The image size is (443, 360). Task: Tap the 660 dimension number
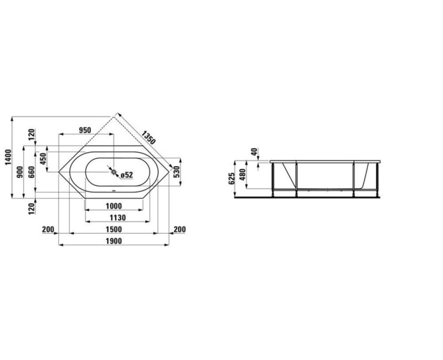pos(31,172)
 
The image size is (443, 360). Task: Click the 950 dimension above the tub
pos(84,131)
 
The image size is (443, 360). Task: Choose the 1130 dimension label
pos(114,218)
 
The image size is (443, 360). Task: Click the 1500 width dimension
pos(114,230)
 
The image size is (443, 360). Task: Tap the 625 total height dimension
pos(231,177)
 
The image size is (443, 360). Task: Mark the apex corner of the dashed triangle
pos(115,115)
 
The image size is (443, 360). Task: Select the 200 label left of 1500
pos(48,230)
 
